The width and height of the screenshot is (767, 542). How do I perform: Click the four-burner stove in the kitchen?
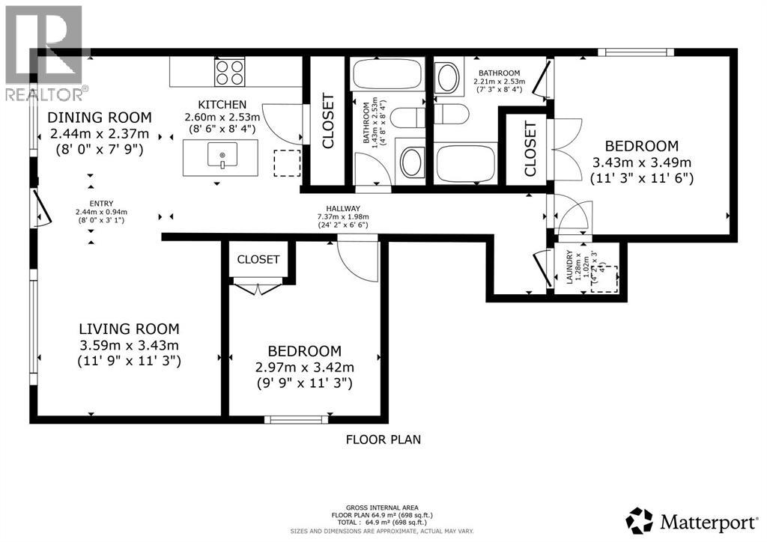(x=230, y=73)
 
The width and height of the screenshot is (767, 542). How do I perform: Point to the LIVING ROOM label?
(x=130, y=329)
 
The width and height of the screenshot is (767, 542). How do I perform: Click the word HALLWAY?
(x=343, y=209)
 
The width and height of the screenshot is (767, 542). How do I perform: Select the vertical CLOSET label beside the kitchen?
(x=327, y=121)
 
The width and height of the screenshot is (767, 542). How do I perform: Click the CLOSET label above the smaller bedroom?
(x=258, y=260)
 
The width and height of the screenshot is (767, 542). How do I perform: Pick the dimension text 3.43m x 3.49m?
(x=642, y=162)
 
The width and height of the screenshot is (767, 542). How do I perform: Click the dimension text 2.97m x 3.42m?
(x=305, y=368)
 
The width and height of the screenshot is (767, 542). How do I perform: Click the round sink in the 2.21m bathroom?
(x=448, y=77)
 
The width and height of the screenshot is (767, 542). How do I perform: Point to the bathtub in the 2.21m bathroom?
(x=465, y=162)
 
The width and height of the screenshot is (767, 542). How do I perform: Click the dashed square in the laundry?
(x=605, y=279)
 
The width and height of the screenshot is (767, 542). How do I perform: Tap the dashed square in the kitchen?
(x=286, y=162)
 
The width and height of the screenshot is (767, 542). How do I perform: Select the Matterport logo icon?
(x=639, y=520)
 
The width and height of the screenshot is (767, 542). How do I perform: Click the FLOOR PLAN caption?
(x=383, y=439)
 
